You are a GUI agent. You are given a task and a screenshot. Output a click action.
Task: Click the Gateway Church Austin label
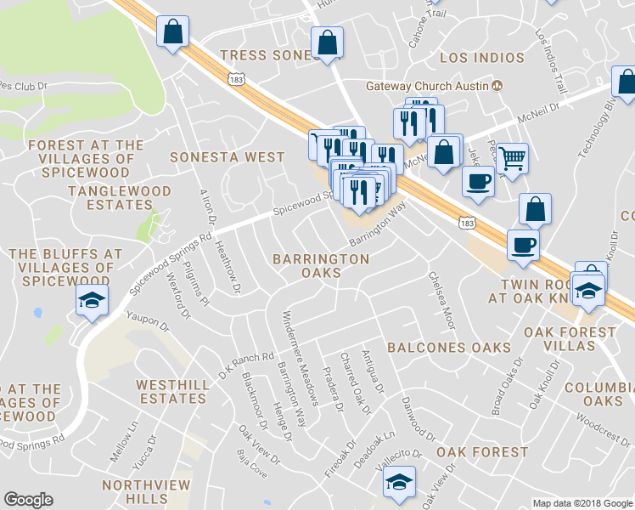coord(426,86)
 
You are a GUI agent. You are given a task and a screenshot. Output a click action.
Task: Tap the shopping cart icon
coord(511,157)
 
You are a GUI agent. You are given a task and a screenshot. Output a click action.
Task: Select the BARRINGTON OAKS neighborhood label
coord(321,265)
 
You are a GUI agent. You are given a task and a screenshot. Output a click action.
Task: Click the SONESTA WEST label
coord(227,157)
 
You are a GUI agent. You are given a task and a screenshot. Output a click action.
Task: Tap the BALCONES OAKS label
coord(449,347)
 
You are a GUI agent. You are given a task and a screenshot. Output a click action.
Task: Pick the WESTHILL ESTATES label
coord(172,391)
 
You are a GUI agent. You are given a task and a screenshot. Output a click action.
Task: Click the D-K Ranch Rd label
coord(247,366)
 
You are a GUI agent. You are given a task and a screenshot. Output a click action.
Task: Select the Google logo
coord(28,500)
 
